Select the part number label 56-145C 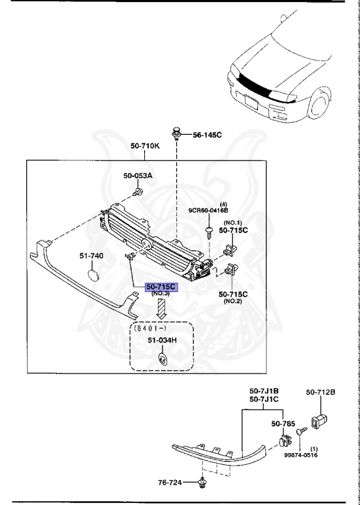(x=207, y=135)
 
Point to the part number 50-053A (x=138, y=176)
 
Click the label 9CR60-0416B (x=208, y=211)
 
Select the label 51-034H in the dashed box (x=161, y=340)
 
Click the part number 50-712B (x=321, y=393)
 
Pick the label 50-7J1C (x=264, y=399)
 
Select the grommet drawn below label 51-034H (x=162, y=358)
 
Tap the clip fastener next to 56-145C (x=177, y=133)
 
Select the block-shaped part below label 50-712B (x=319, y=420)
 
